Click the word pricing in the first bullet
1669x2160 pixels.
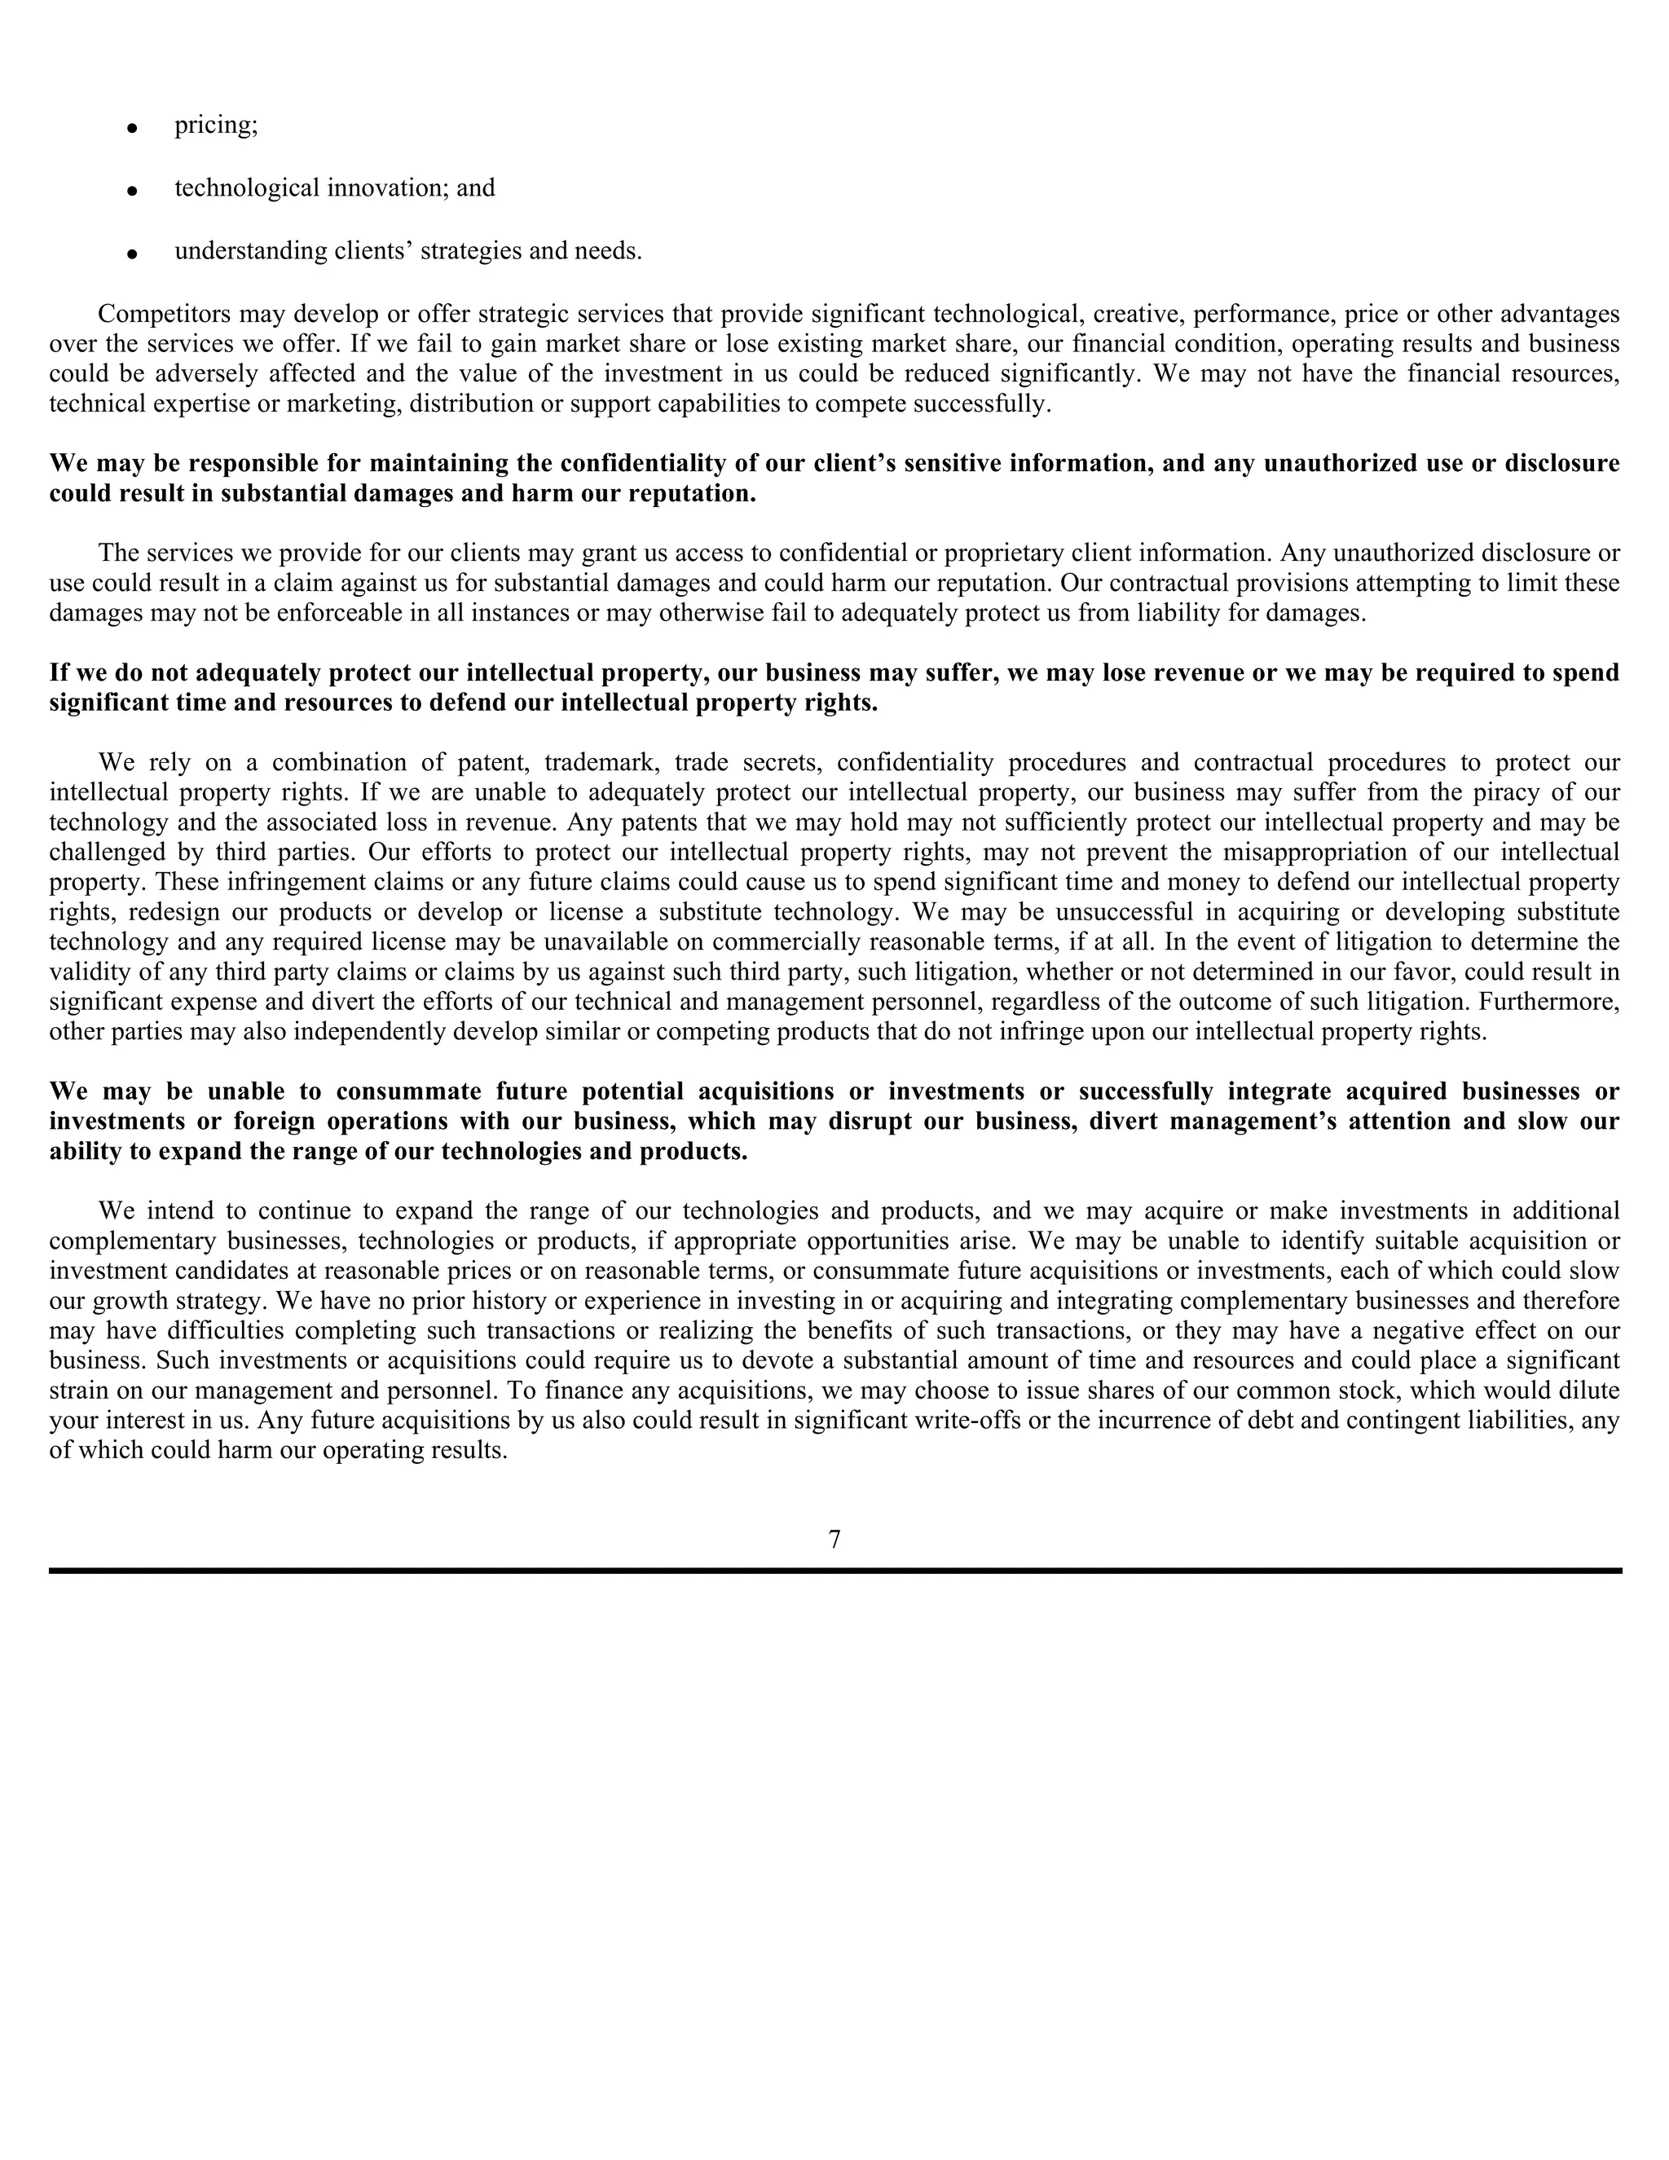215,126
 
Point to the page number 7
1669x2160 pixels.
834,1540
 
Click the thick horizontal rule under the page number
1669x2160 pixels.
834,1571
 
